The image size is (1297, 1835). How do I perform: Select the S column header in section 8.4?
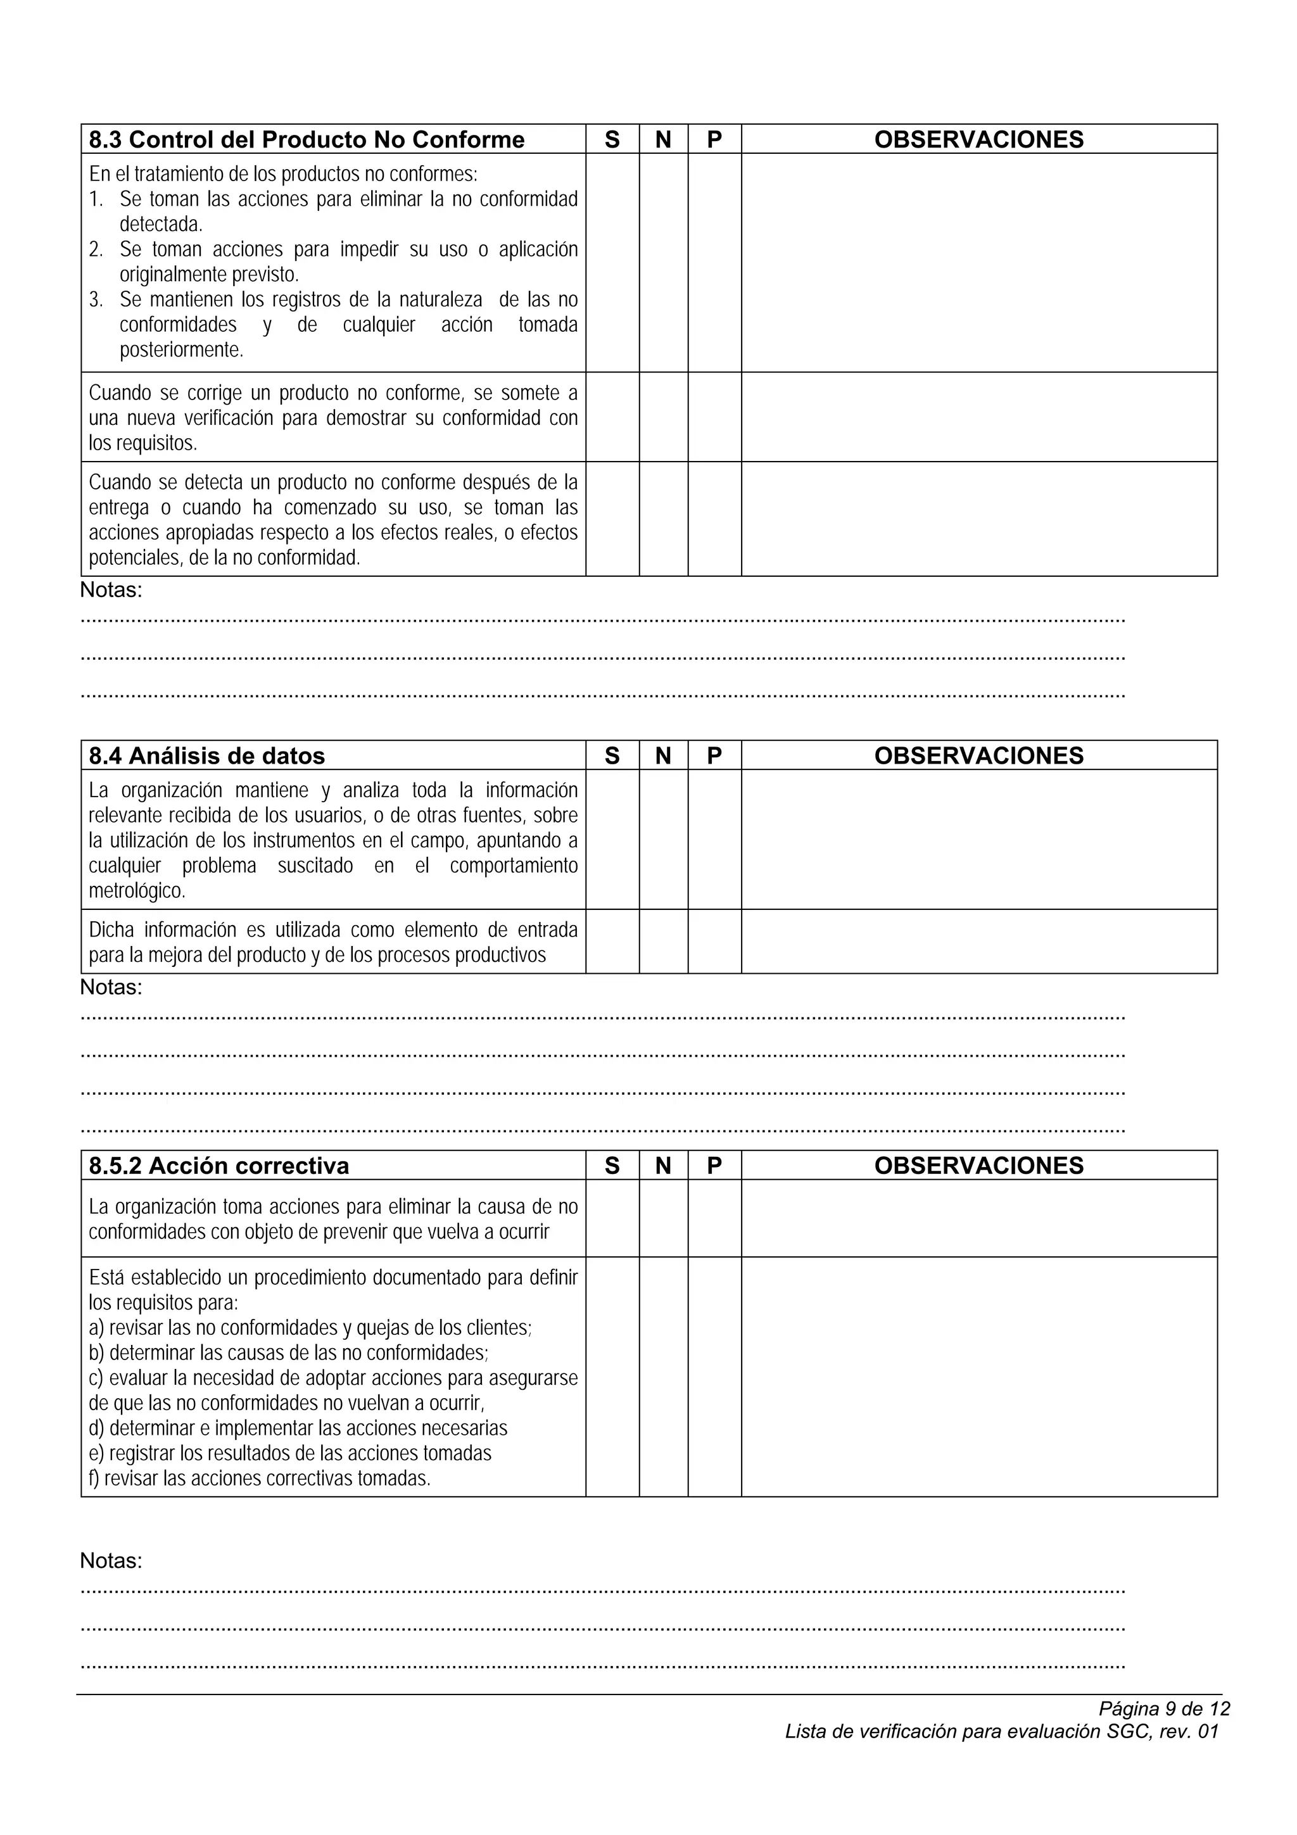612,756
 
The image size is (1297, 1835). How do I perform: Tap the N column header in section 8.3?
663,140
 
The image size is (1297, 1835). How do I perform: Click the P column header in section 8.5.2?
714,1166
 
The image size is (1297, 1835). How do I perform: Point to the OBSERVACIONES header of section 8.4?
979,756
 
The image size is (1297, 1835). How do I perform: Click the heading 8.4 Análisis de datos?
207,756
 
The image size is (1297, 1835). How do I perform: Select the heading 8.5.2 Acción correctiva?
219,1166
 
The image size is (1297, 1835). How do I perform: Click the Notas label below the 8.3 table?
111,591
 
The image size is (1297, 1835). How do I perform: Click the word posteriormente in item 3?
181,350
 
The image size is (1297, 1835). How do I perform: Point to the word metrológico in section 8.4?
137,891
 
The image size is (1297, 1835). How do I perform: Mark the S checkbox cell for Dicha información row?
612,942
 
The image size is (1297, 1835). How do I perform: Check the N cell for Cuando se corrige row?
663,417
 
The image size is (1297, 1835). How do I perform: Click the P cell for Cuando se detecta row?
714,519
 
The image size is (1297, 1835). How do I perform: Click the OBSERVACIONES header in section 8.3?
979,140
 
